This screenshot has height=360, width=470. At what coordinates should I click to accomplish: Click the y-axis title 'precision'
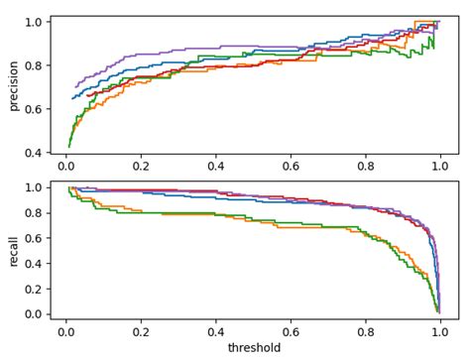(14, 85)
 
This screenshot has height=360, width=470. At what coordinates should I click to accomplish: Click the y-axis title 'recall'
(14, 251)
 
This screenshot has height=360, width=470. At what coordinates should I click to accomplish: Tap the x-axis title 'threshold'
(254, 348)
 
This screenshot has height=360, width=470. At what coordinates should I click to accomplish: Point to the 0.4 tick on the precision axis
(34, 153)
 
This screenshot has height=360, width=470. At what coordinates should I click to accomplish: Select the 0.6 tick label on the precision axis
(34, 109)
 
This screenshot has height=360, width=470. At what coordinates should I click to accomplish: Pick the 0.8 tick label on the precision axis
(34, 65)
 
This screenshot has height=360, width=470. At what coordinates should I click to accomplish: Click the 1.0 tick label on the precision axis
(34, 22)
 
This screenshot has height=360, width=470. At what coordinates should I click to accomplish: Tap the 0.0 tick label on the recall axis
(34, 314)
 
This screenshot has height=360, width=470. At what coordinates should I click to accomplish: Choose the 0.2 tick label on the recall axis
(34, 289)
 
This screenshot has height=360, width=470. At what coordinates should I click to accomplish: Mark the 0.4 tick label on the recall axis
(34, 263)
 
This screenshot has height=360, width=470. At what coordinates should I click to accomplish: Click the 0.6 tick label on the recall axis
(34, 238)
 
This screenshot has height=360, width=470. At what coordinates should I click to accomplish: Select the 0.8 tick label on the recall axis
(34, 212)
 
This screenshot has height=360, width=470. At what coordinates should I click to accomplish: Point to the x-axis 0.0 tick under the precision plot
(65, 168)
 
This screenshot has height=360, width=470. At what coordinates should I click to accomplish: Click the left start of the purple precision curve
(75, 87)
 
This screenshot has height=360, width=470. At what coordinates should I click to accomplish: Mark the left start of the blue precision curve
(72, 98)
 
